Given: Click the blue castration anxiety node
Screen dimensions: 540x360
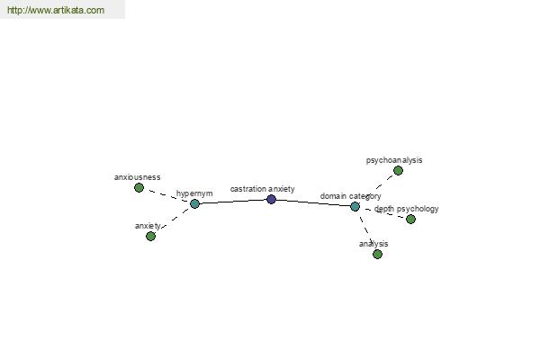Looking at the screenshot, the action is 272,199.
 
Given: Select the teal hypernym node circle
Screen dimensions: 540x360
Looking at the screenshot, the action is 194,203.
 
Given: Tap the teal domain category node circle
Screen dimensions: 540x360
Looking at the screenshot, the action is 355,206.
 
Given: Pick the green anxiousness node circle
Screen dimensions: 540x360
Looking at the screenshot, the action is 139,187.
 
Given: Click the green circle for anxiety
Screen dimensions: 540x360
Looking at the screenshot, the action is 150,236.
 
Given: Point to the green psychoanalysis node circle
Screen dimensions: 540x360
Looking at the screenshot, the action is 398,170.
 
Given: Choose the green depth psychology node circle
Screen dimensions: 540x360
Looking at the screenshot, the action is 410,219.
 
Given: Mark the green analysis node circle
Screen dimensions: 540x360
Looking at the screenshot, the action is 377,254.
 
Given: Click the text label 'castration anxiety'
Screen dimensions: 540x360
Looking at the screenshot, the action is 263,189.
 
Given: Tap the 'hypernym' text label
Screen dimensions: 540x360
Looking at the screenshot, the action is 194,193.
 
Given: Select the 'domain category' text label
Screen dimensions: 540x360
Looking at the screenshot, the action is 351,196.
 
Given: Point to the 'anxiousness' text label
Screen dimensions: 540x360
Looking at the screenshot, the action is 137,177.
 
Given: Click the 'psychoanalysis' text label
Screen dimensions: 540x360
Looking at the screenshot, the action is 394,160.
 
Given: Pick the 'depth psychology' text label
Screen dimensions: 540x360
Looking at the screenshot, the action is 407,209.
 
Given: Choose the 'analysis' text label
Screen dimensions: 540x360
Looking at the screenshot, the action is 373,244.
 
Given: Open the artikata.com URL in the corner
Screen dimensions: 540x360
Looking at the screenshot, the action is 56,10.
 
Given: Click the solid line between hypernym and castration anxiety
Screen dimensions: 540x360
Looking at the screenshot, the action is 233,202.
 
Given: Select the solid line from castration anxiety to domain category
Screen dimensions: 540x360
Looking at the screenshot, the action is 313,202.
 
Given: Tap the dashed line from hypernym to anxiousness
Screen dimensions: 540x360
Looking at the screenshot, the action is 166,195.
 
